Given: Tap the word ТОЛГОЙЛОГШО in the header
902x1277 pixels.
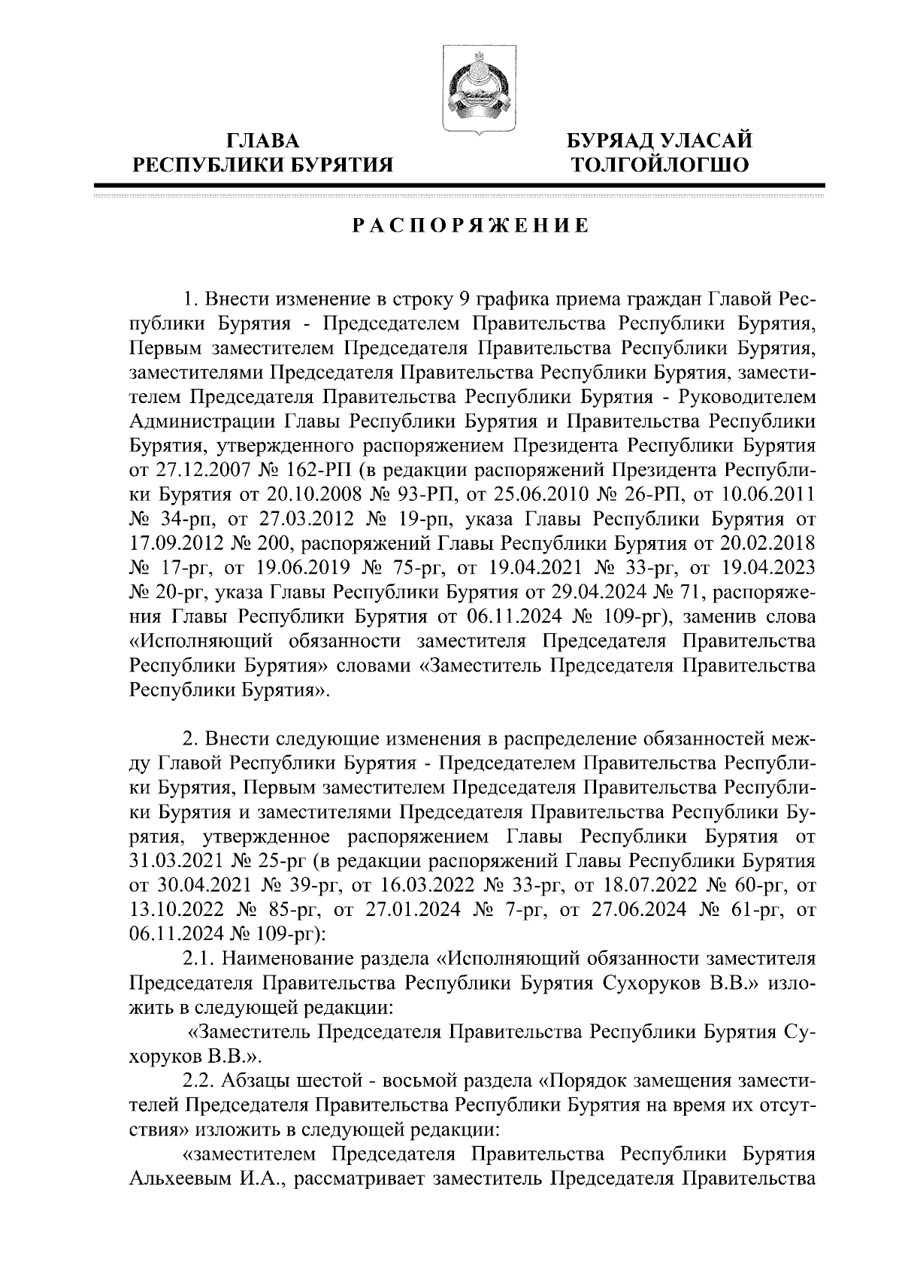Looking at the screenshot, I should (660, 164).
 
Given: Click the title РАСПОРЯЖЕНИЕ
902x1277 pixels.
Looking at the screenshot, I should (471, 226).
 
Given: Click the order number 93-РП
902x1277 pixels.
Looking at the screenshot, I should (428, 495).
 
